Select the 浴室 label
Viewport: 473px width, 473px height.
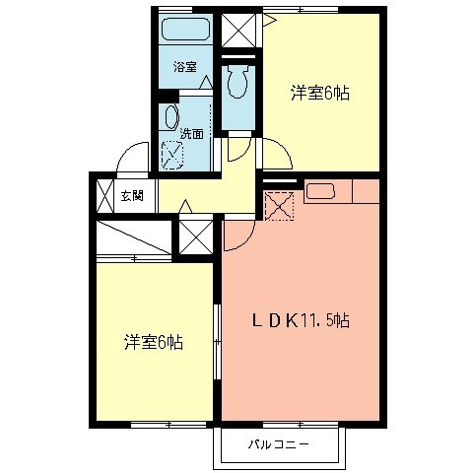(x=184, y=67)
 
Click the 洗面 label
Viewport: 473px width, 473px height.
(x=191, y=134)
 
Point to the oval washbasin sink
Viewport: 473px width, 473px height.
(x=170, y=117)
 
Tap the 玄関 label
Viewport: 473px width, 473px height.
(x=132, y=195)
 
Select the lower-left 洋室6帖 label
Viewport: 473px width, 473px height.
(x=153, y=342)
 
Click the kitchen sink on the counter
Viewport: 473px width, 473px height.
(x=322, y=191)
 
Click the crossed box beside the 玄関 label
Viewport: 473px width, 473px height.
(x=104, y=194)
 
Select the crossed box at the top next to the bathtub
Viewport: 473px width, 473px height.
(x=236, y=30)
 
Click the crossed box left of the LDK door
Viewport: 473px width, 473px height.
(x=194, y=237)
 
